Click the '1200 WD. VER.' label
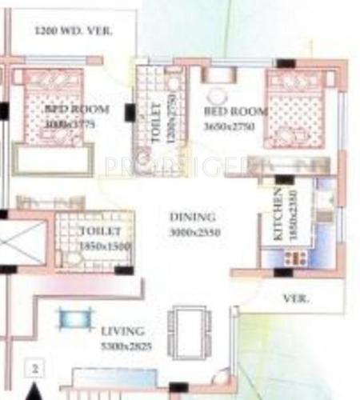point(74,32)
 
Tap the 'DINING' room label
point(192,217)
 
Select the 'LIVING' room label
point(122,330)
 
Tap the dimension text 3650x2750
point(228,126)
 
